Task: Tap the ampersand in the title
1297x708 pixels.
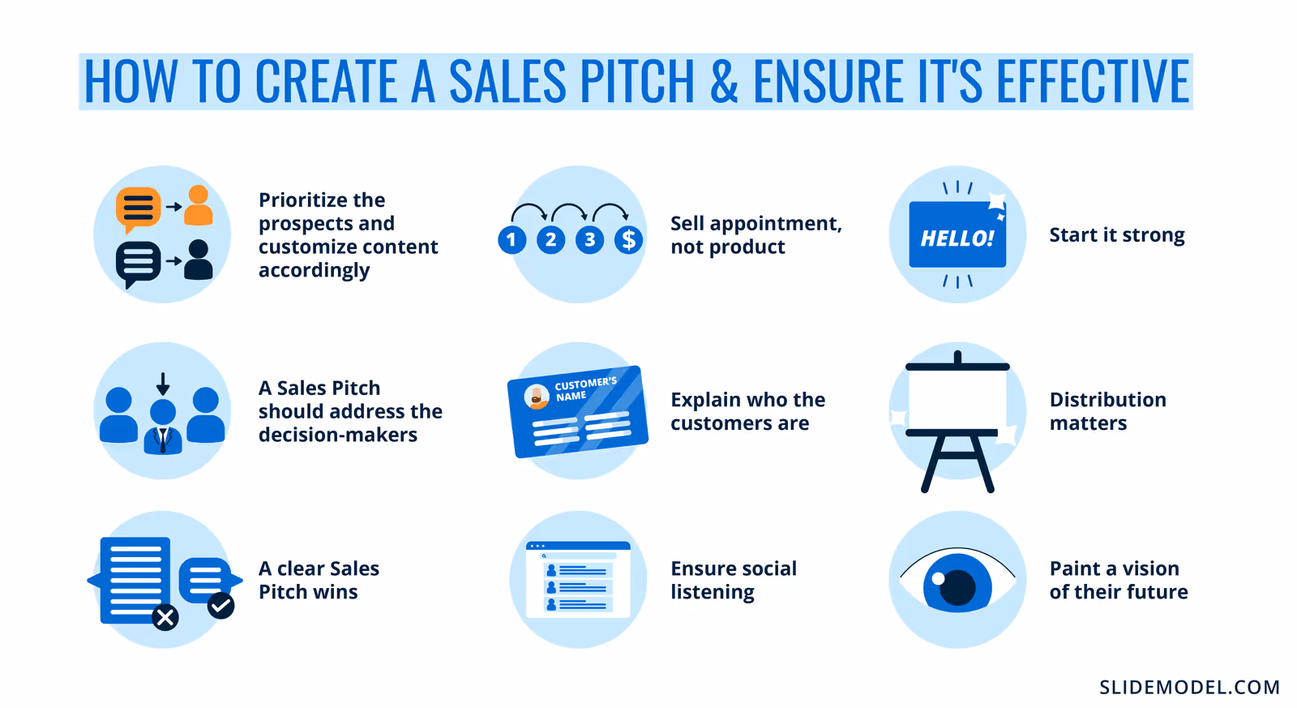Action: coord(724,81)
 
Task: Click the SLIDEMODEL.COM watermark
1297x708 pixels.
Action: coord(1189,687)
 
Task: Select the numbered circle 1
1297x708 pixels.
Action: coord(512,240)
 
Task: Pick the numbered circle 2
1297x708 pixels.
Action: coord(551,240)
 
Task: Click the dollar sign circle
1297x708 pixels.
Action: coord(629,240)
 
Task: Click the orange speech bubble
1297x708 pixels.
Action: coord(138,208)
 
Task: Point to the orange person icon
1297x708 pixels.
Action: coord(199,206)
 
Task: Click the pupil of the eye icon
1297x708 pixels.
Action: coord(957,587)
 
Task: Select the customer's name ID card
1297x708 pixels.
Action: coord(577,412)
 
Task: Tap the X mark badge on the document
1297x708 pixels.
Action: coord(165,618)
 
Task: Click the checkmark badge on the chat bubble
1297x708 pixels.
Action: coord(220,605)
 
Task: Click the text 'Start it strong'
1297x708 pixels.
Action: coord(1116,235)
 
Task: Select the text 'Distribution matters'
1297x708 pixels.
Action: coord(1107,411)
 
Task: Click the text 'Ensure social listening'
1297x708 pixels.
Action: coord(733,580)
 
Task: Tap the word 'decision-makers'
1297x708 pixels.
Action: coord(338,435)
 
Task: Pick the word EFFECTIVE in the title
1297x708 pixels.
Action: coord(1092,81)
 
